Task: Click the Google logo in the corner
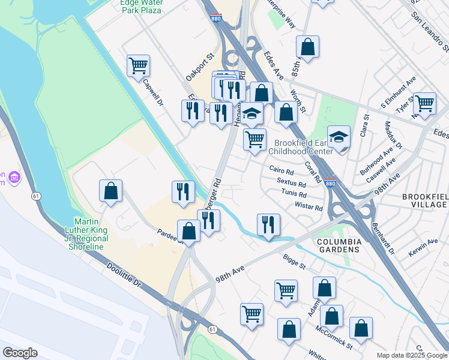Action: (x=20, y=353)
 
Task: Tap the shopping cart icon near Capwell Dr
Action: (x=138, y=65)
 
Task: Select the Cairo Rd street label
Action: (x=281, y=170)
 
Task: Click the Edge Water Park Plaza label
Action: (x=141, y=7)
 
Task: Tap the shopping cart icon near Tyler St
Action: (x=424, y=103)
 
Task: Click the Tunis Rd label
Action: (x=294, y=194)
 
